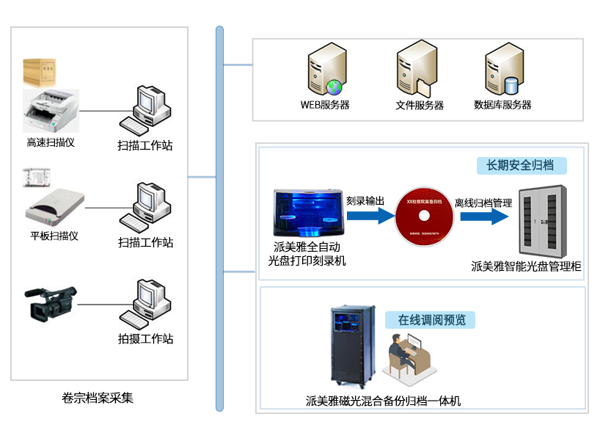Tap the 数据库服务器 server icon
pos(502,71)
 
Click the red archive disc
pos(424,216)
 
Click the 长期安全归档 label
pos(521,165)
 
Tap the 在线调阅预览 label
pos(431,320)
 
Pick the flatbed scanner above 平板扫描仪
pos(55,208)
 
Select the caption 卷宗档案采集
pos(98,398)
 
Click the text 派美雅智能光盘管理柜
pos(526,266)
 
